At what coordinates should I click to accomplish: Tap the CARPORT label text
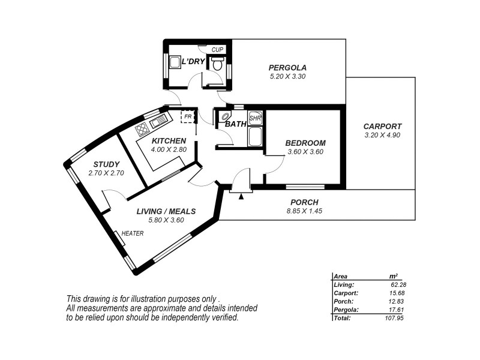[x=382, y=127]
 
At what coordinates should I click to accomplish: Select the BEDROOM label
[x=305, y=143]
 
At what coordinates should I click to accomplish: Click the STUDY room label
[x=106, y=164]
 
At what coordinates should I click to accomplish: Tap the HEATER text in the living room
[x=133, y=233]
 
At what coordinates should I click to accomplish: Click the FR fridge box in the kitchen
[x=188, y=116]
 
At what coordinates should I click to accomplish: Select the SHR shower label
[x=255, y=118]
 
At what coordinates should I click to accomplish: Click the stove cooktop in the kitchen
[x=142, y=129]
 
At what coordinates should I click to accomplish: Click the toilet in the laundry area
[x=218, y=64]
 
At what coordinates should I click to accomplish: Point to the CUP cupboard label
[x=218, y=49]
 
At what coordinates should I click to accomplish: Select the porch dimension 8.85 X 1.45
[x=304, y=211]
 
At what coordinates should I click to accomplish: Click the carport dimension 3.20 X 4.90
[x=382, y=136]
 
